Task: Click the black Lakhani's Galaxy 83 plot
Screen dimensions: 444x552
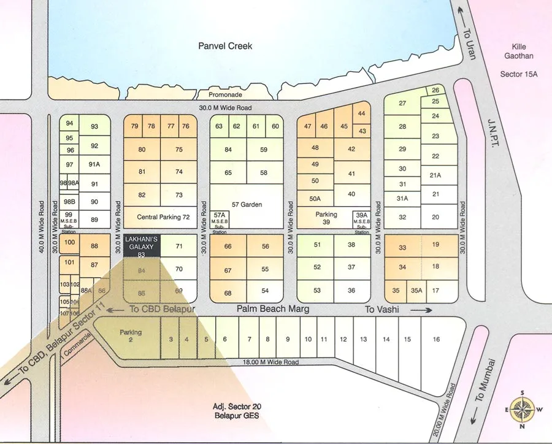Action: (142, 245)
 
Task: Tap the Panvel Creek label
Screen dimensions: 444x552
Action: (225, 46)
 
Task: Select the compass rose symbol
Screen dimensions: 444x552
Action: (522, 409)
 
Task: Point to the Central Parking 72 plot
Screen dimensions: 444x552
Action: (163, 217)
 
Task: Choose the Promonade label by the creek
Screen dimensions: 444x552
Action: (225, 95)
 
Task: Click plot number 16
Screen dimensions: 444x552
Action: (436, 339)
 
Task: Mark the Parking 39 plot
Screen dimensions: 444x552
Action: (326, 218)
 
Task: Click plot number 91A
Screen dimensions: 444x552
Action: (94, 164)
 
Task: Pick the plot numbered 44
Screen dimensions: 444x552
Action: (361, 113)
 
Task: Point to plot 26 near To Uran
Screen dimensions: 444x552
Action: (435, 90)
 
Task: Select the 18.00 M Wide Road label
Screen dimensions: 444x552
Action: (271, 362)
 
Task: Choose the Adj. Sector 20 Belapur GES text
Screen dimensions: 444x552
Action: (236, 411)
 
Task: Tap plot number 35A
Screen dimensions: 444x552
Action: (416, 291)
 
